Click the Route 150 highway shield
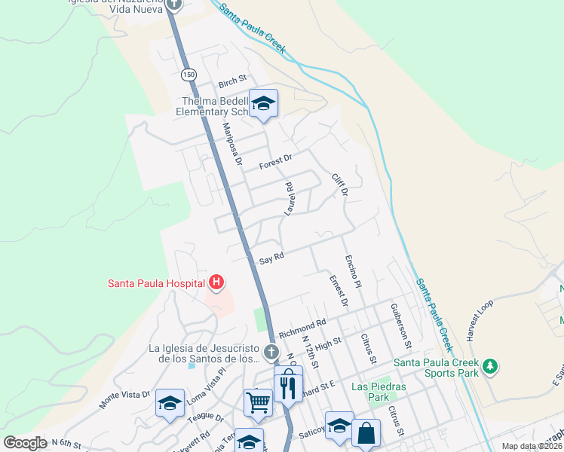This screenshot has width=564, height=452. pyautogui.click(x=189, y=75)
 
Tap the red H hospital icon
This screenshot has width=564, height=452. pyautogui.click(x=216, y=283)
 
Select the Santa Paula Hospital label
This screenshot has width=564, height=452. pyautogui.click(x=156, y=283)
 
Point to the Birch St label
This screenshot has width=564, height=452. pyautogui.click(x=232, y=79)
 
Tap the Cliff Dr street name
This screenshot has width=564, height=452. pyautogui.click(x=340, y=185)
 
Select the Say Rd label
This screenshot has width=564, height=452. pyautogui.click(x=271, y=258)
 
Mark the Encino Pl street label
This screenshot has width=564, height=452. pyautogui.click(x=354, y=272)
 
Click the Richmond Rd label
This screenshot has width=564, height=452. pyautogui.click(x=302, y=328)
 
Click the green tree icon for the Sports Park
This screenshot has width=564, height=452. pyautogui.click(x=491, y=366)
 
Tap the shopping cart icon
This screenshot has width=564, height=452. pyautogui.click(x=258, y=402)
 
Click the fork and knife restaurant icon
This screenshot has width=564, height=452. pyautogui.click(x=287, y=387)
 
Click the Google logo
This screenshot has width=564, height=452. pyautogui.click(x=25, y=443)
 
